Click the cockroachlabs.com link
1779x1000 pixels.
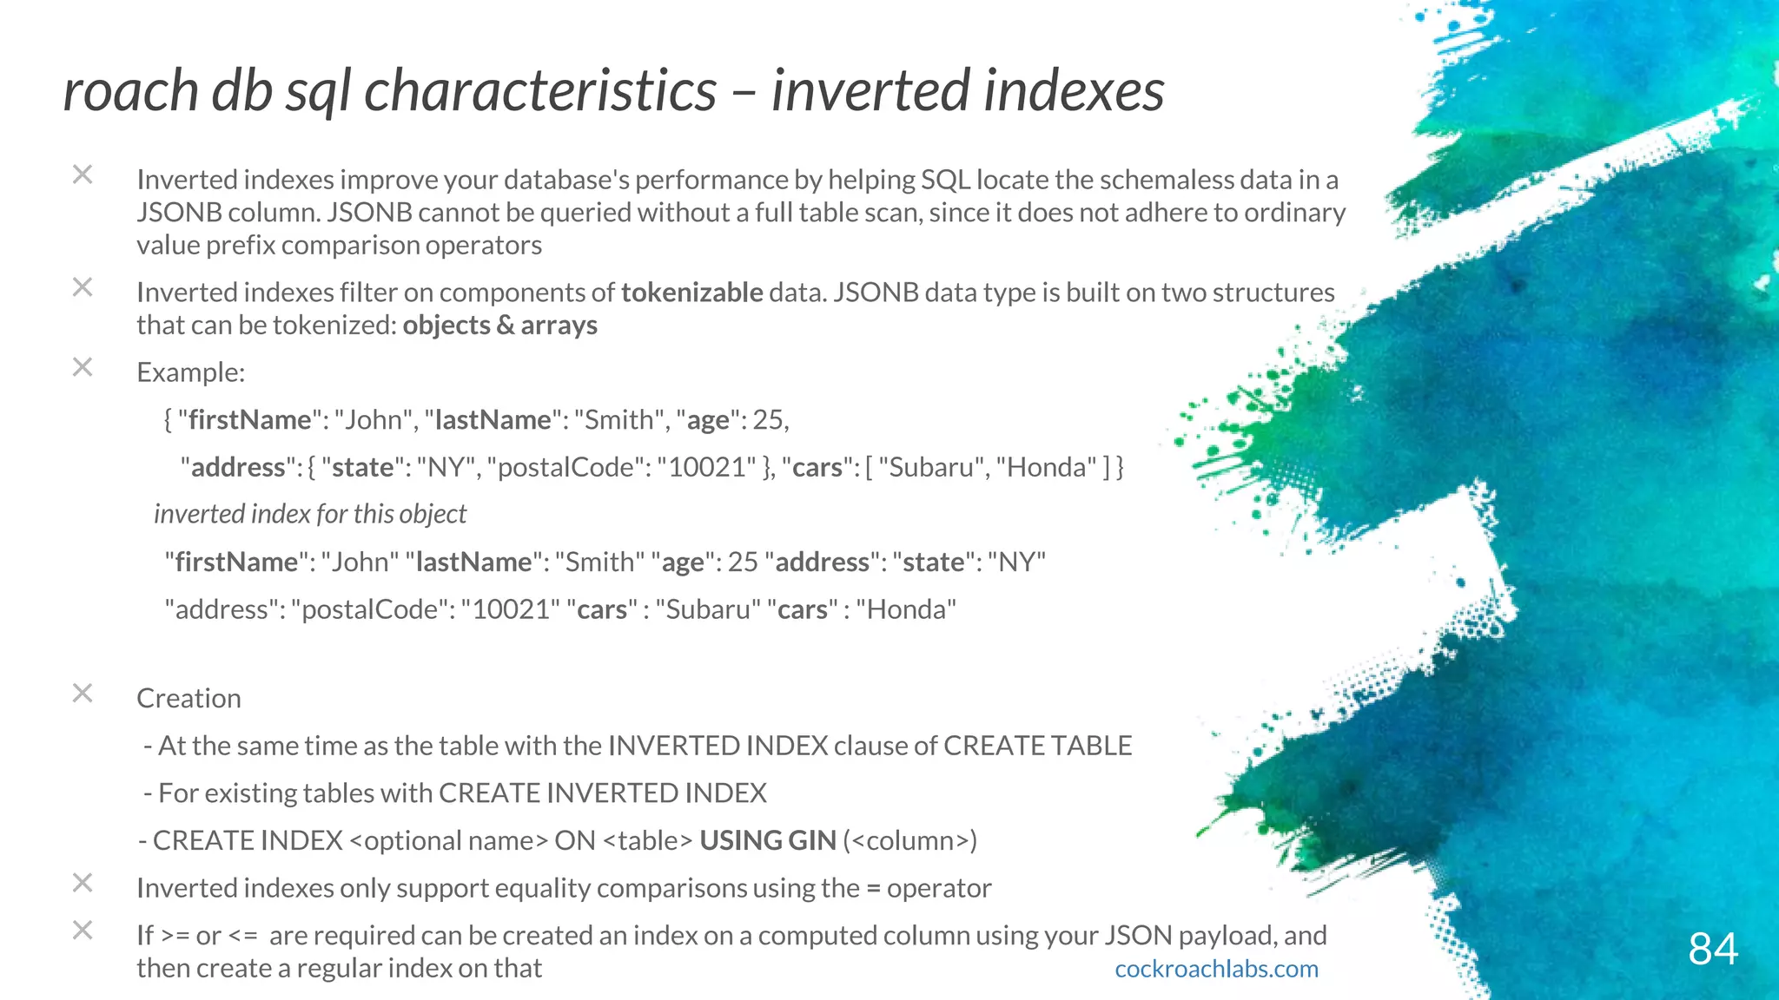1216,969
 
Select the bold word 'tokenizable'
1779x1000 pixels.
691,293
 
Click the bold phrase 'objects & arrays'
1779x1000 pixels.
499,326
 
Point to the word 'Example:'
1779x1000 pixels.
191,372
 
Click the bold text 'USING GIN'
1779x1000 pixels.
767,840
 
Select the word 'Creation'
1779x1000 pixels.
188,698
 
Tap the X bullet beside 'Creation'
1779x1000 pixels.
83,694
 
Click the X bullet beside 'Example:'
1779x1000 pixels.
83,367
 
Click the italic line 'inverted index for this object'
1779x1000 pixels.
310,514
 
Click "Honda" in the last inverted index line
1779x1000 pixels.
905,609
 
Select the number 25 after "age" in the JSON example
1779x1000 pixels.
768,420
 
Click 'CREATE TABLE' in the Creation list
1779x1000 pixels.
1037,746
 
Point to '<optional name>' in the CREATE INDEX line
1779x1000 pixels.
448,840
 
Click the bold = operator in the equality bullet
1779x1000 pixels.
873,888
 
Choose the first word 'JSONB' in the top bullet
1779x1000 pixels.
178,213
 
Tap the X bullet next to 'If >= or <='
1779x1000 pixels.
83,931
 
